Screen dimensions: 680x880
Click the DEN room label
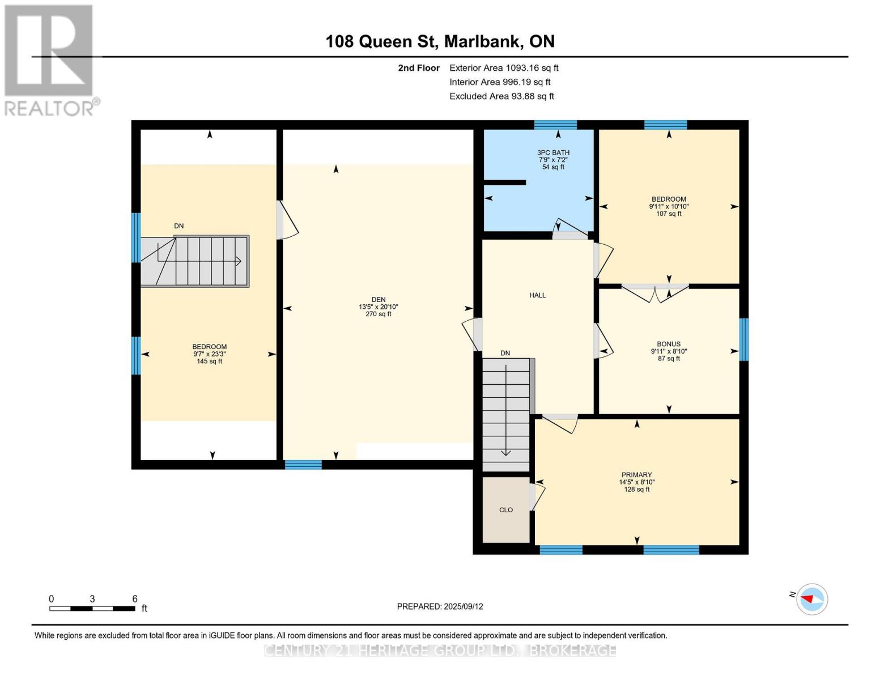coord(378,300)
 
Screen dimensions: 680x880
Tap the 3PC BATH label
coord(553,152)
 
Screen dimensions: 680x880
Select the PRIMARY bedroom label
coord(636,475)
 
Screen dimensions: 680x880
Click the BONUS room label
coord(669,344)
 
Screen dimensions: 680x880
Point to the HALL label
coord(537,295)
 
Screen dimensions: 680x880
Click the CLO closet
coord(506,510)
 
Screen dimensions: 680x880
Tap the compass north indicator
coord(811,599)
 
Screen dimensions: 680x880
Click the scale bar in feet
coord(92,608)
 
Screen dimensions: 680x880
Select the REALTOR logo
coord(50,60)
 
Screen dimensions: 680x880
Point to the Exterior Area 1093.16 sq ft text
coord(504,68)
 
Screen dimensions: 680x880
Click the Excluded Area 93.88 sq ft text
coord(501,96)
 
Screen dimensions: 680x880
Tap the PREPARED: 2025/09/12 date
coord(440,606)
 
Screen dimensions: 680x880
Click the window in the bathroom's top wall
coord(555,125)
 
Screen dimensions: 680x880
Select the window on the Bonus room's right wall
coord(744,339)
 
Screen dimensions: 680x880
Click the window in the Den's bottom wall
coord(303,465)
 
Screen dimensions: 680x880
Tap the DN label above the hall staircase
coord(505,353)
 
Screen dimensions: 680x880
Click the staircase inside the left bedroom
coord(195,261)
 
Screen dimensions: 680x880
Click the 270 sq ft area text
coord(378,314)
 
